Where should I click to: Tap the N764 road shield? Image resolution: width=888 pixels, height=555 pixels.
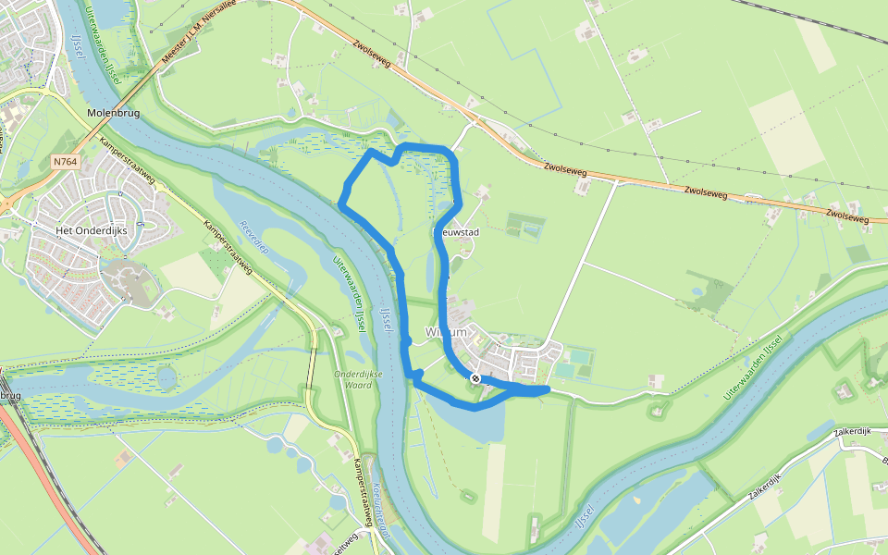tap(65, 161)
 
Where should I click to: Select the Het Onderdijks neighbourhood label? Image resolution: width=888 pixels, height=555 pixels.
tap(90, 229)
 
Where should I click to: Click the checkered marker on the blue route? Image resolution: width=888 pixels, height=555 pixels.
tap(475, 378)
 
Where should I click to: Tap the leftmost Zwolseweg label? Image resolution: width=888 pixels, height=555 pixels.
tap(372, 54)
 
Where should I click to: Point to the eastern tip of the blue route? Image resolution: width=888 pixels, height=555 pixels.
tap(549, 390)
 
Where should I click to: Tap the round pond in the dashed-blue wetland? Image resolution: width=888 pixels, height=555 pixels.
tap(166, 377)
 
